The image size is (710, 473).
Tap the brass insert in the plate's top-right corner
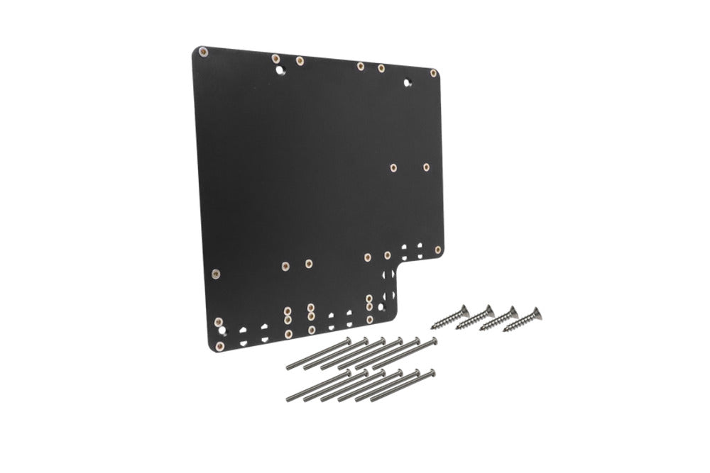433,72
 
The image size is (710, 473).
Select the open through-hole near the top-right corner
408,82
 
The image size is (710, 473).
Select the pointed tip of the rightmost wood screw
505,330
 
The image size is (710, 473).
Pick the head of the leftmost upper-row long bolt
346,342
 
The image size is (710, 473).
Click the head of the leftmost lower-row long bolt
347,372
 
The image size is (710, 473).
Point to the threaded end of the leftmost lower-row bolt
289,396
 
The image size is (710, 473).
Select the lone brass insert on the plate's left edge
216,272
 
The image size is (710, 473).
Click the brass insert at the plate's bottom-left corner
220,345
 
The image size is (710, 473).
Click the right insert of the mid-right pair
426,167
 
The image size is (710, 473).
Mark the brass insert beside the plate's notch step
437,250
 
